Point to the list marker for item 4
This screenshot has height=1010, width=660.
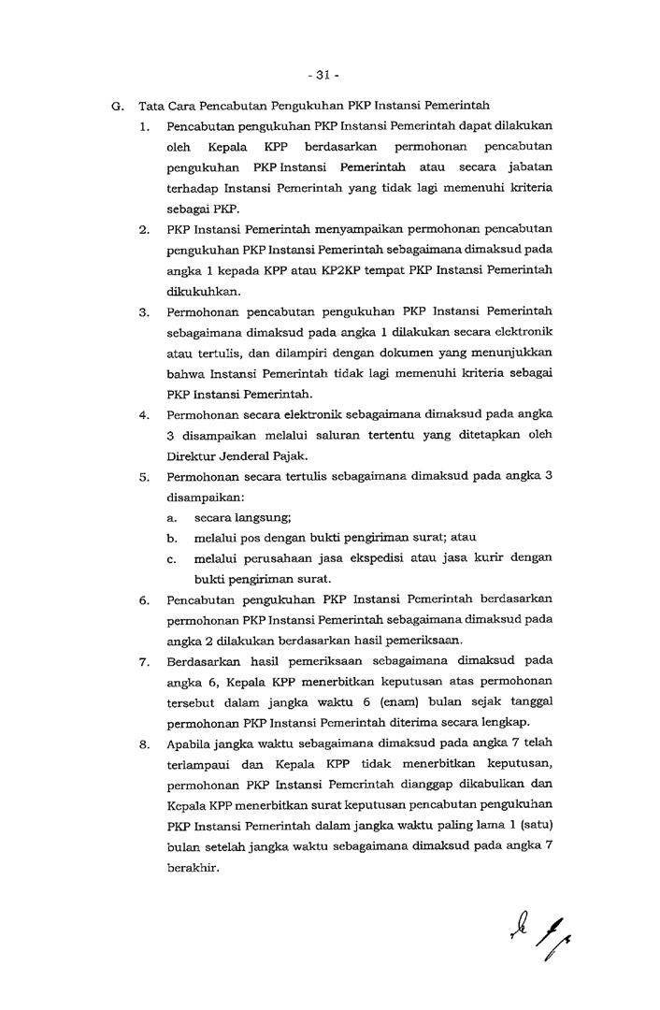click(x=145, y=413)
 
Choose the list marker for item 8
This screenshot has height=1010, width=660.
click(x=145, y=745)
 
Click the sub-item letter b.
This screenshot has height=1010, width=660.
click(x=172, y=538)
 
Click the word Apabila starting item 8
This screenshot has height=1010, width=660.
click(x=190, y=745)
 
